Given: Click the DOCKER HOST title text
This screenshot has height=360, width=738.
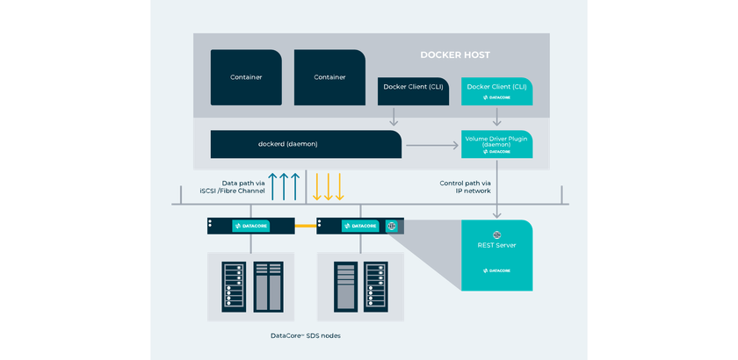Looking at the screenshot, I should pos(454,54).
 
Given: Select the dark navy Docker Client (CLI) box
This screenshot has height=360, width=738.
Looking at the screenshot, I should pos(413,91).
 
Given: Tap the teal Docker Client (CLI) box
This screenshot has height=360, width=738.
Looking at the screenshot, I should pos(496,91).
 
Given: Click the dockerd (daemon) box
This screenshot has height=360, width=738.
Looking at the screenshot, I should pos(305,144).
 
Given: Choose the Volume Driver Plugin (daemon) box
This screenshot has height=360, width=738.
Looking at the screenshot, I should pos(496,144).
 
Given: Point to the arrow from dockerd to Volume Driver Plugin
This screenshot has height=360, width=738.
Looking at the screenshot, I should pos(431,145).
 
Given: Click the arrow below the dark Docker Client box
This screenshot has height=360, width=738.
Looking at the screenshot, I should pos(394,116).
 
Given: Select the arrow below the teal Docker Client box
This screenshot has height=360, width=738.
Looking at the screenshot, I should pos(497,116).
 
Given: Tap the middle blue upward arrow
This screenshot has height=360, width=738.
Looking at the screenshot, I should pos(285,186).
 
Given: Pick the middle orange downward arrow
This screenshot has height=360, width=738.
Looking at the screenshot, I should pos(329,186).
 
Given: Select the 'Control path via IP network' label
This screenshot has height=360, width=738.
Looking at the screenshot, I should pos(465,186).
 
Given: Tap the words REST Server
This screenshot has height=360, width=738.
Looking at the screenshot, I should pos(497,245).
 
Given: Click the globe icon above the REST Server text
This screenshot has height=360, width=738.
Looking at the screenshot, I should pos(497,234).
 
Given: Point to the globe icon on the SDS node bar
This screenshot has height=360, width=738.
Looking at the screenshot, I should pos(392,226).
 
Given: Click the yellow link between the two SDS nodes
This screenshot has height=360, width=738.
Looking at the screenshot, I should pos(304,226).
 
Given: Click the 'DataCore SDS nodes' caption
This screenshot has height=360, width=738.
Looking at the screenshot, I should pos(304,335).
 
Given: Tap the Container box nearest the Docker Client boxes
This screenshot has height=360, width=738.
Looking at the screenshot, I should pos(330,77).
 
